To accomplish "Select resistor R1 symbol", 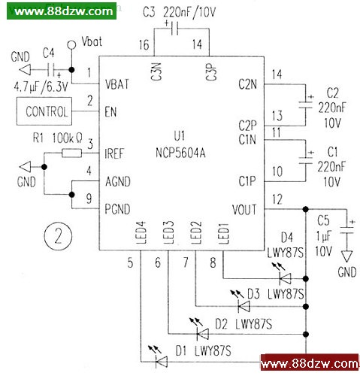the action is point(71,153).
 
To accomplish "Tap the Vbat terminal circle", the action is point(71,45).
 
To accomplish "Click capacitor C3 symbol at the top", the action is point(174,28).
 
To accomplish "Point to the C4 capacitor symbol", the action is point(51,70).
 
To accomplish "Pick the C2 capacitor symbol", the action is point(306,105).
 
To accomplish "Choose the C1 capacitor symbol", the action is point(306,160).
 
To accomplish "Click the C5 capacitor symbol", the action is point(347,230).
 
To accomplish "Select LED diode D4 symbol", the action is point(285,278).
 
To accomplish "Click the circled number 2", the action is point(58,236).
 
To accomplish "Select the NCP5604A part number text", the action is point(180,153).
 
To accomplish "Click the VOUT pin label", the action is point(244,210).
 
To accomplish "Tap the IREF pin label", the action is point(114,153).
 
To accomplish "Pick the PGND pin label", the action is point(117,209).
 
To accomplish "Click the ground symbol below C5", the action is point(347,256).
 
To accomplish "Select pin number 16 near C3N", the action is point(144,45).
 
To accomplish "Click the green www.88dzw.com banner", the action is point(62,11).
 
